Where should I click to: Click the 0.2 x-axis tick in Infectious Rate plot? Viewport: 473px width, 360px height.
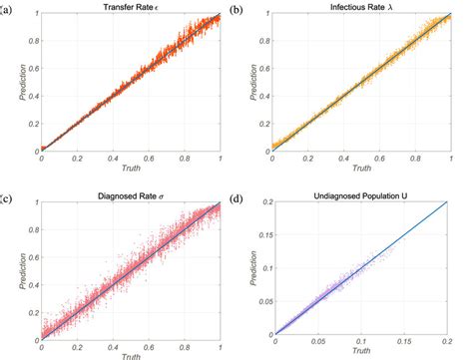click(x=313, y=161)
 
